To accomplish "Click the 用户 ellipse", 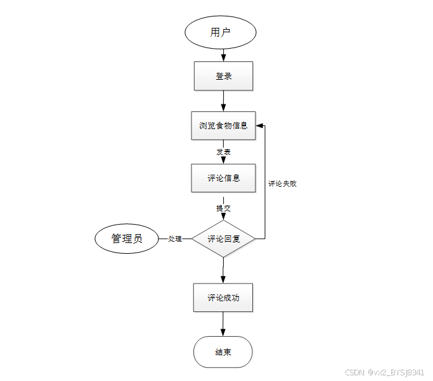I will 220,32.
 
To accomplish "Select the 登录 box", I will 223,76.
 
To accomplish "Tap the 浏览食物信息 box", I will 223,125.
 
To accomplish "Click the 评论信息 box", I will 223,178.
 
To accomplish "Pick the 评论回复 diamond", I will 223,239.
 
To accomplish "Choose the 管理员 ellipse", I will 127,239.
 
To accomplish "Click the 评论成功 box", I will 223,297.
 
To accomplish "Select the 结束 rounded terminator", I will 223,352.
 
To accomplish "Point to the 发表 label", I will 223,152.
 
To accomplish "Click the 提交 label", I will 223,208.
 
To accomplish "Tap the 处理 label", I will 175,239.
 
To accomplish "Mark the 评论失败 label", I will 282,184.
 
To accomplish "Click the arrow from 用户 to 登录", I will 223,54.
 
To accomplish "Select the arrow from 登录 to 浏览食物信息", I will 223,101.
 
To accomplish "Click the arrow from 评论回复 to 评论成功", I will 223,270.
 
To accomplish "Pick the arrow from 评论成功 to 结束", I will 223,324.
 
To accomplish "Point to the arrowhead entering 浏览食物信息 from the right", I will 259,125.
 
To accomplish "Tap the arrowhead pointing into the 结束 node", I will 223,332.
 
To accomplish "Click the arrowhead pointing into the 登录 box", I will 223,58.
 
